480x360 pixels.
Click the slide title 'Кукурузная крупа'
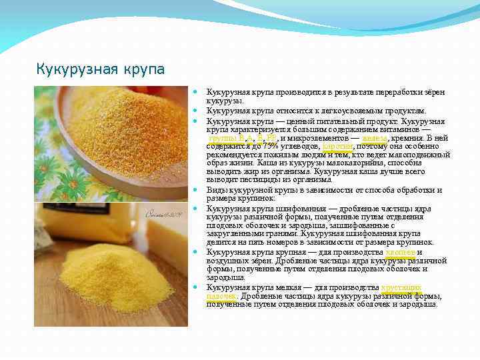click(x=100, y=69)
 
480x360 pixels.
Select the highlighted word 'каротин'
click(x=338, y=146)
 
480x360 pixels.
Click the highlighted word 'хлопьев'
click(x=401, y=252)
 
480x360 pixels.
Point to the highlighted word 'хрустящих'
click(x=401, y=287)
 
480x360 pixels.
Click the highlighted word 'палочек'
click(x=222, y=295)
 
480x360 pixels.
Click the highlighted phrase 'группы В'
click(x=225, y=138)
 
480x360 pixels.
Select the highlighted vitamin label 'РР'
click(x=272, y=138)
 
